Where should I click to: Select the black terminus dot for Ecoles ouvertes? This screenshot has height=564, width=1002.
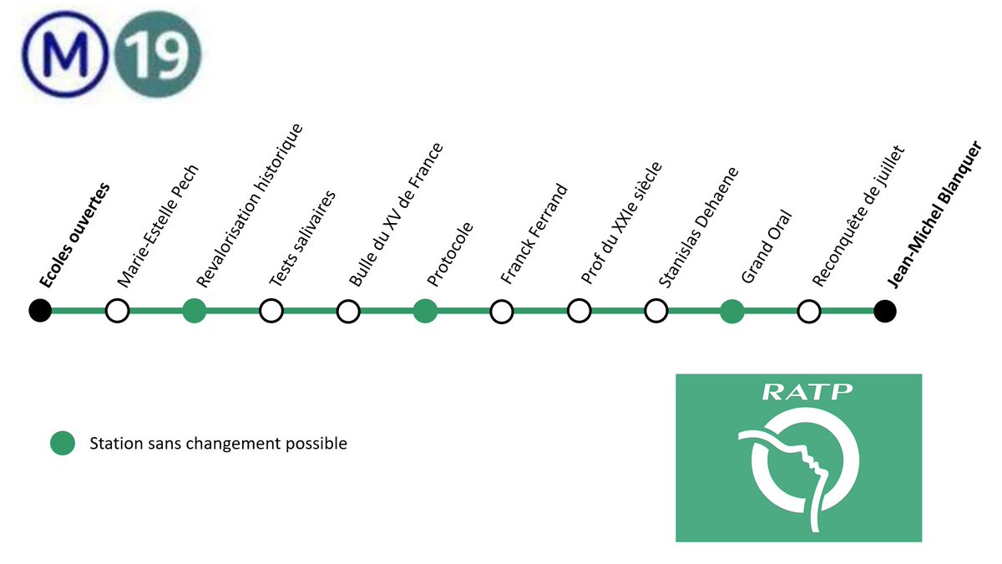(x=39, y=312)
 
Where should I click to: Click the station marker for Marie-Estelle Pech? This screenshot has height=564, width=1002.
(x=118, y=312)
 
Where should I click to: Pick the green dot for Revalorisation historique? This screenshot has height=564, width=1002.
(x=195, y=312)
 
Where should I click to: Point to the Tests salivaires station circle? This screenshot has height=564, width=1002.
(x=271, y=312)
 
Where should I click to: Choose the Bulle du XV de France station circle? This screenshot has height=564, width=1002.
(x=348, y=312)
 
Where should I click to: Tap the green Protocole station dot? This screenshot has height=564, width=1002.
(x=425, y=312)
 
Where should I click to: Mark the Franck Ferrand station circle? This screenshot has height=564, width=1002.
(x=502, y=312)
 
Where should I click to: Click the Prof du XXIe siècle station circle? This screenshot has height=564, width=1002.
(x=579, y=312)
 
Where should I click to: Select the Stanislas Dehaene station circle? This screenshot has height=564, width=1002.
(x=655, y=312)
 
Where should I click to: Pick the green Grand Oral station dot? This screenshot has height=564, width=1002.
(x=732, y=312)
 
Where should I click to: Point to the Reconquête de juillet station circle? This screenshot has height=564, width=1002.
(x=808, y=312)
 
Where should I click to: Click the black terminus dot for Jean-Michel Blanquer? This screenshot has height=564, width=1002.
(x=885, y=312)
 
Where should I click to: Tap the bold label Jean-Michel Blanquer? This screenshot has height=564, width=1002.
(x=935, y=216)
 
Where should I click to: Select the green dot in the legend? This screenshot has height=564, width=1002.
(x=61, y=444)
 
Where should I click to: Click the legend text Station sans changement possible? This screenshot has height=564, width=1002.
(x=218, y=444)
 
